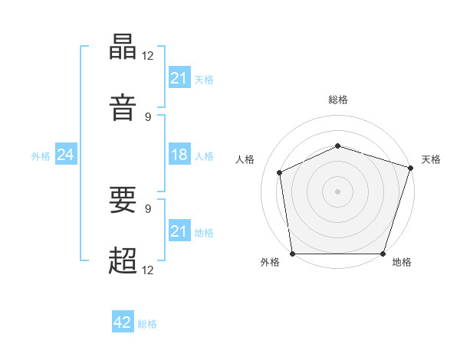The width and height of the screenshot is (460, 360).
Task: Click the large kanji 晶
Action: tap(123, 47)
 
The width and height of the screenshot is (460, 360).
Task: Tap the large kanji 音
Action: tap(123, 107)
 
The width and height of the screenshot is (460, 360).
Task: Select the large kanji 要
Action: tap(123, 199)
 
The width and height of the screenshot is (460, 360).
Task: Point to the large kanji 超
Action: tap(123, 260)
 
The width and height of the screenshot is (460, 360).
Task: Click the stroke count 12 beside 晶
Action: tap(147, 56)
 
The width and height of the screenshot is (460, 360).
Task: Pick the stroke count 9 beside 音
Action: tap(148, 117)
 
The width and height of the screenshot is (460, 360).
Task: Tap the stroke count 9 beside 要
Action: tap(148, 209)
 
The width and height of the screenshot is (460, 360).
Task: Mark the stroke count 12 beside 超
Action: tap(147, 270)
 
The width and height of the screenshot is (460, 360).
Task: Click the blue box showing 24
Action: tap(66, 154)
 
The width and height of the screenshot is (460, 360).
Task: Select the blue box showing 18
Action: tap(179, 154)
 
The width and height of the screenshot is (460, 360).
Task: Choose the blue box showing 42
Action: tap(123, 321)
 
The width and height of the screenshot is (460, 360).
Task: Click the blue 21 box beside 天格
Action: tap(179, 77)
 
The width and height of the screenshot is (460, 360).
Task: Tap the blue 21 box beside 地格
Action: tap(179, 230)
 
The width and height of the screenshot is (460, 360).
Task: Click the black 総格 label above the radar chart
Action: tap(338, 100)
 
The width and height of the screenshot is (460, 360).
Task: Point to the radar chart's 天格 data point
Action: tap(411, 168)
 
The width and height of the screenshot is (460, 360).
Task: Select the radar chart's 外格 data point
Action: tap(293, 254)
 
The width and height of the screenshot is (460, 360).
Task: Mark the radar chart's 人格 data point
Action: tap(280, 172)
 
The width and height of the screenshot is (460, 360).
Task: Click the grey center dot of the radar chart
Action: tap(337, 191)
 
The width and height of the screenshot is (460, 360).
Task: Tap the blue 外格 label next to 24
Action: tap(41, 156)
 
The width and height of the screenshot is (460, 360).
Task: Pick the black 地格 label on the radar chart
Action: tap(402, 262)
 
